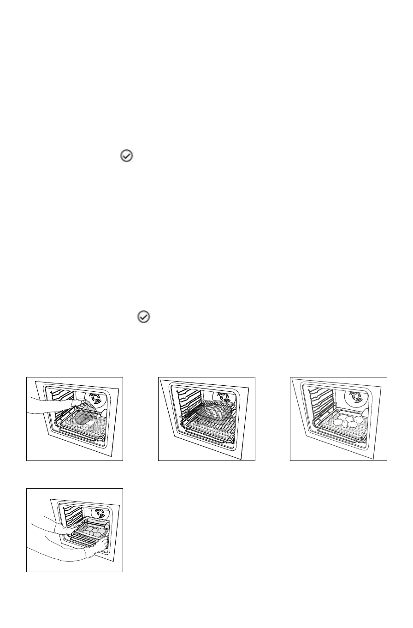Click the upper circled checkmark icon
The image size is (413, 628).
click(x=127, y=156)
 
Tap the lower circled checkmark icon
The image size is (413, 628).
click(x=144, y=317)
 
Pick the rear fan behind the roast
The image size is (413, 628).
click(x=225, y=398)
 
